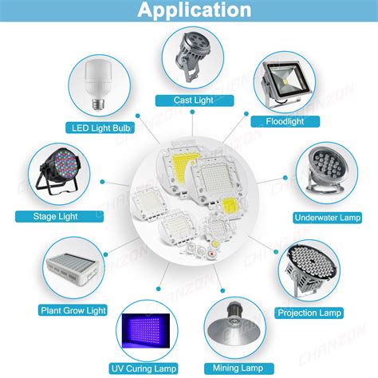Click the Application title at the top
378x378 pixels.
194,10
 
